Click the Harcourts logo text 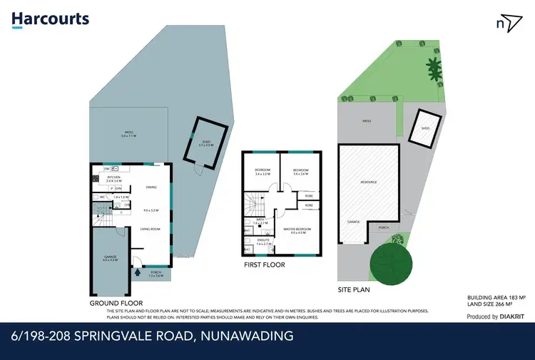coord(51,19)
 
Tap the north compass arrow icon coord(506,23)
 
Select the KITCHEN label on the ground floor coord(114,179)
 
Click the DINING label coord(151,187)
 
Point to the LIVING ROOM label coord(150,229)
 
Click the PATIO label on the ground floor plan coord(128,133)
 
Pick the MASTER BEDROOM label coord(295,230)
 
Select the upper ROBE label coord(309,195)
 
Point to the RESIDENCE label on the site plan coord(368,182)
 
